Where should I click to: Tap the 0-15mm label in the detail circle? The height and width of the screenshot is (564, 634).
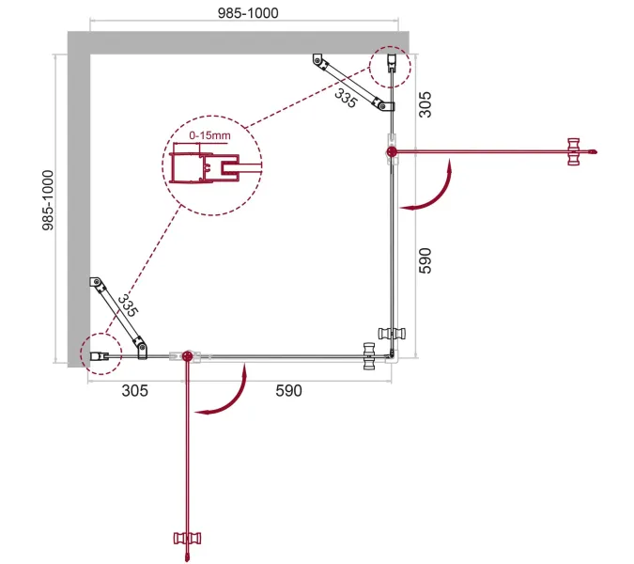(x=209, y=137)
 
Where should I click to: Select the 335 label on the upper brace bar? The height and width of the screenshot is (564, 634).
(x=345, y=95)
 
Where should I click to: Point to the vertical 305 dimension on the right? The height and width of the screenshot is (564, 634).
(x=425, y=102)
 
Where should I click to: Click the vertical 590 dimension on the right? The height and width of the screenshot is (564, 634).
(x=425, y=260)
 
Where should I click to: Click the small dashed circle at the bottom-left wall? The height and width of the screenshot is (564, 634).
(x=97, y=354)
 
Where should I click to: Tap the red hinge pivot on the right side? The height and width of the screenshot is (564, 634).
(x=391, y=150)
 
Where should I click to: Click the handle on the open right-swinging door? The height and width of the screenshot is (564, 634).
(x=574, y=150)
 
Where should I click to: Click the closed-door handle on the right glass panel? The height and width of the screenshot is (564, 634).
(x=389, y=332)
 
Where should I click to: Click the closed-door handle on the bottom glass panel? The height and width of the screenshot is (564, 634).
(x=369, y=356)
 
